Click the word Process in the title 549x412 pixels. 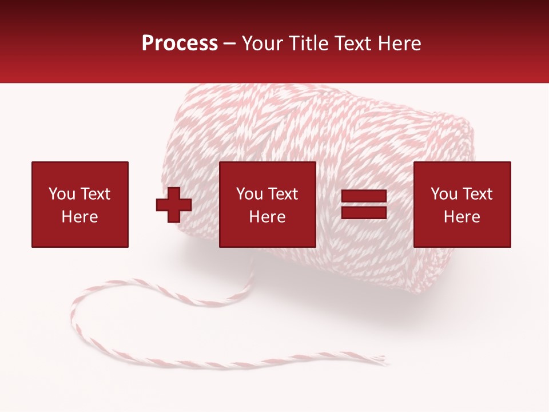180,43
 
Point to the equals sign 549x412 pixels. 364,205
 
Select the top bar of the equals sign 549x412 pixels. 364,196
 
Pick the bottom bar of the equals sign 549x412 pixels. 364,213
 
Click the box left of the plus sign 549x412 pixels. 80,204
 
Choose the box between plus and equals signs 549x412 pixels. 268,204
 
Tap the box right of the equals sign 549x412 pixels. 462,204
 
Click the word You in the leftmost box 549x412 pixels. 62,194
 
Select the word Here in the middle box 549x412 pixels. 268,217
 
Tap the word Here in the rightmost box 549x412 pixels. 462,217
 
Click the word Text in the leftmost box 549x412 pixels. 95,194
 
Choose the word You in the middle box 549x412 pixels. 249,194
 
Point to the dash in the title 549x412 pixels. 230,44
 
